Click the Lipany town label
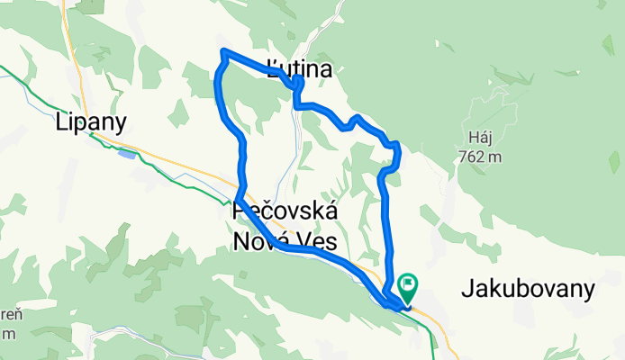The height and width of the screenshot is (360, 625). (x=91, y=121)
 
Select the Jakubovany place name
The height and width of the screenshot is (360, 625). (x=529, y=289)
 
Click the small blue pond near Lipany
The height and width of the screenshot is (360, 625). (x=127, y=154)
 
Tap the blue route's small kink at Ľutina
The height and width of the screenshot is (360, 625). (x=297, y=85)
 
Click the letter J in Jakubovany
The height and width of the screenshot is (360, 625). (x=466, y=289)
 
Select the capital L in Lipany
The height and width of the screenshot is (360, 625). (x=61, y=121)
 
